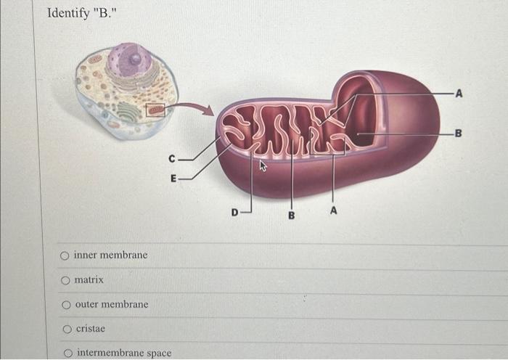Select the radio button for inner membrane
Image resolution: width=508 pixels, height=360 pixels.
pos(65,255)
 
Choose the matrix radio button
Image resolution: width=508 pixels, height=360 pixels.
pos(65,280)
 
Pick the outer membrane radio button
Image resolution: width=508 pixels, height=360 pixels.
pos(65,305)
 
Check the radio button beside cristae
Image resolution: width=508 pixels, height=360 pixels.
pos(65,330)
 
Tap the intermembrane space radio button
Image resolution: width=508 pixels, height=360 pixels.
pos(67,353)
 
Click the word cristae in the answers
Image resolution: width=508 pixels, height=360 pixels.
pos(90,329)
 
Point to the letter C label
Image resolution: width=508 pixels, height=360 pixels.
pos(171,157)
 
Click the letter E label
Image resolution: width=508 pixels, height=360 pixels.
pos(172,177)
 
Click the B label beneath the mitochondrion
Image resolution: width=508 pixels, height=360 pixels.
pos(291,215)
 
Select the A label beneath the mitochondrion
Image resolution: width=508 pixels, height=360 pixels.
pos(333,210)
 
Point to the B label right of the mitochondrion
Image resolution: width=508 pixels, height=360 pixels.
pos(457,132)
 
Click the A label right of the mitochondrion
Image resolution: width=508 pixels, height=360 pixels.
pos(459,94)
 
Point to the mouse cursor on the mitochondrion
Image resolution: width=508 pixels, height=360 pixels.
pos(263,167)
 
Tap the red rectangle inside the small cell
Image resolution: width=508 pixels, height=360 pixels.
pos(155,110)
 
